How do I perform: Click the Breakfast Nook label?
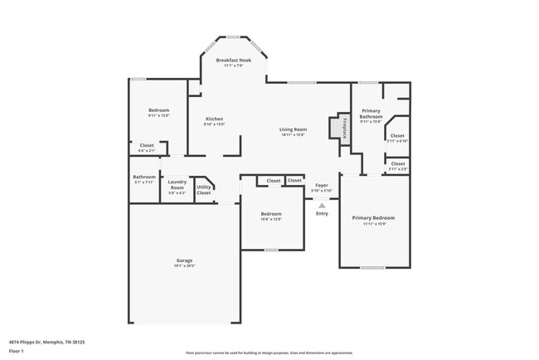coord(232,61)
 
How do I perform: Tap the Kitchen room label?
coord(214,119)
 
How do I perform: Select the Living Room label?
coord(293,129)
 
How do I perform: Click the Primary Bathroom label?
coord(371,114)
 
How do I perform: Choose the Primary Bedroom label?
coord(372,217)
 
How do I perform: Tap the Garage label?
coord(184,260)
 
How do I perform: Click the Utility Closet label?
coord(203,189)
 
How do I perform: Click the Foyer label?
coord(321,185)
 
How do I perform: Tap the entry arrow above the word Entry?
coord(322,204)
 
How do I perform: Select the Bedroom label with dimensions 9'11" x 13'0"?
coord(159,110)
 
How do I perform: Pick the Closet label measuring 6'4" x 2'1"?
coord(147,145)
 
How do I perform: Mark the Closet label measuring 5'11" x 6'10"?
coord(397,135)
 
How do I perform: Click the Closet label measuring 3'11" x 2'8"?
coord(398,163)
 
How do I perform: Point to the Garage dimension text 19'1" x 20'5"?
coord(184,265)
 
